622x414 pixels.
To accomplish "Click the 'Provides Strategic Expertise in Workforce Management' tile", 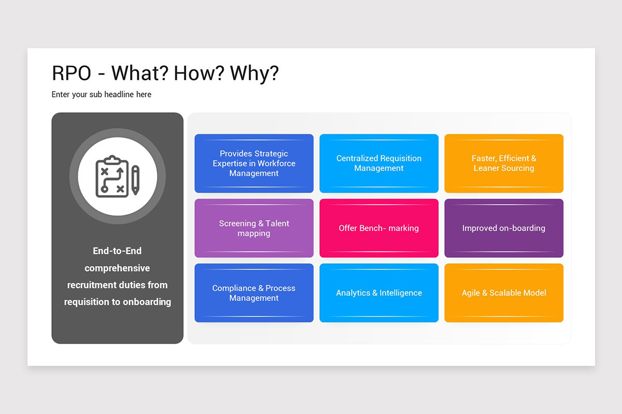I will tap(254, 164).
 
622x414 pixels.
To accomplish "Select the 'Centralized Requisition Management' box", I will tap(379, 164).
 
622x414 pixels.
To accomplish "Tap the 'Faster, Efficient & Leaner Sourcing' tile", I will tap(504, 164).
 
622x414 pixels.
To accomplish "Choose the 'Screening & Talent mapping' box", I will tap(254, 228).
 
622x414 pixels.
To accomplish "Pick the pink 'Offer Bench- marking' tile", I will tap(379, 228).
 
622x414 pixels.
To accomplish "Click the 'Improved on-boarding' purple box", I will tap(504, 228).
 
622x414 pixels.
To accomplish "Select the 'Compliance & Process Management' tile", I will tap(254, 293).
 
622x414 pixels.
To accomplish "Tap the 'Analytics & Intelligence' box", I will tap(379, 293).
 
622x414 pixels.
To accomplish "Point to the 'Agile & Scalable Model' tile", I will tap(504, 293).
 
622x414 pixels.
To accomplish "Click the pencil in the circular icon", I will tap(135, 180).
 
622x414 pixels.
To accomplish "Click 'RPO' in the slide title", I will tap(72, 73).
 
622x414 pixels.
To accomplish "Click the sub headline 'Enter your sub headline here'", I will tap(102, 95).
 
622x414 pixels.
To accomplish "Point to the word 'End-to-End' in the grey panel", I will tap(117, 251).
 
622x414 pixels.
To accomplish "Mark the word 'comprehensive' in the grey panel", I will tap(117, 268).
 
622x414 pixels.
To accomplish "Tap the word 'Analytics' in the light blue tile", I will tap(353, 293).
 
